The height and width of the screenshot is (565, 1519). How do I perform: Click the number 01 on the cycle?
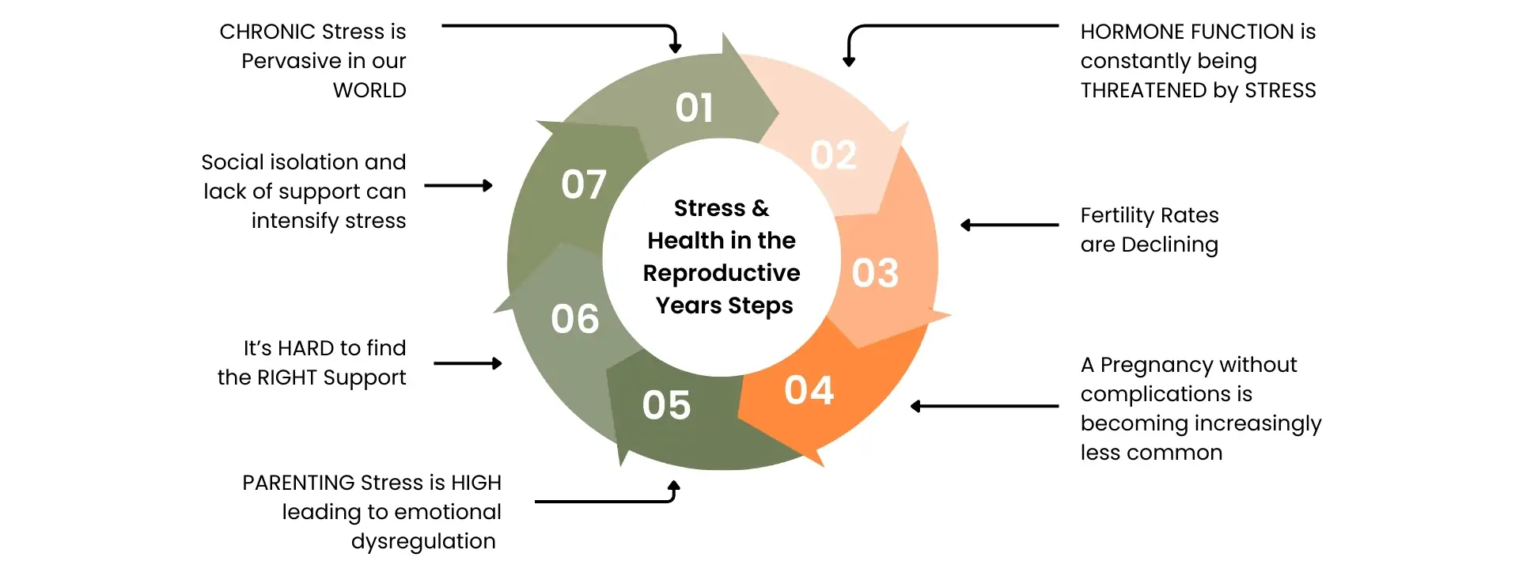click(x=694, y=108)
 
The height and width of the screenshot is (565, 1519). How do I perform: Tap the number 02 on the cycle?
click(x=833, y=155)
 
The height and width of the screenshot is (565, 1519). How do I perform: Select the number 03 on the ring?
click(x=875, y=273)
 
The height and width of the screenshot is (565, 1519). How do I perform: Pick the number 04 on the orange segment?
click(x=809, y=391)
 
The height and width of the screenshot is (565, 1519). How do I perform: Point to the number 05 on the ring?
click(x=666, y=405)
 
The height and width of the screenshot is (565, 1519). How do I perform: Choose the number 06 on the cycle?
click(x=575, y=320)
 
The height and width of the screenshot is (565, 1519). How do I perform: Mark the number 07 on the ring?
click(x=584, y=185)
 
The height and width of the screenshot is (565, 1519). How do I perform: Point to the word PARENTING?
click(x=298, y=483)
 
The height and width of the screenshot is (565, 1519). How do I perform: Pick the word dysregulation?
click(x=423, y=541)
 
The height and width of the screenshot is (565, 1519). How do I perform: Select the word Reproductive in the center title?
click(x=722, y=273)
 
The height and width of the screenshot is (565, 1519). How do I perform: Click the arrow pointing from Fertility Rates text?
click(x=1009, y=226)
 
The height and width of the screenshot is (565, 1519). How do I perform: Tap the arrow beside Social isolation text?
click(x=458, y=186)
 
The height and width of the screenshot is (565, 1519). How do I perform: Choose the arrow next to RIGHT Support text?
click(x=468, y=364)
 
